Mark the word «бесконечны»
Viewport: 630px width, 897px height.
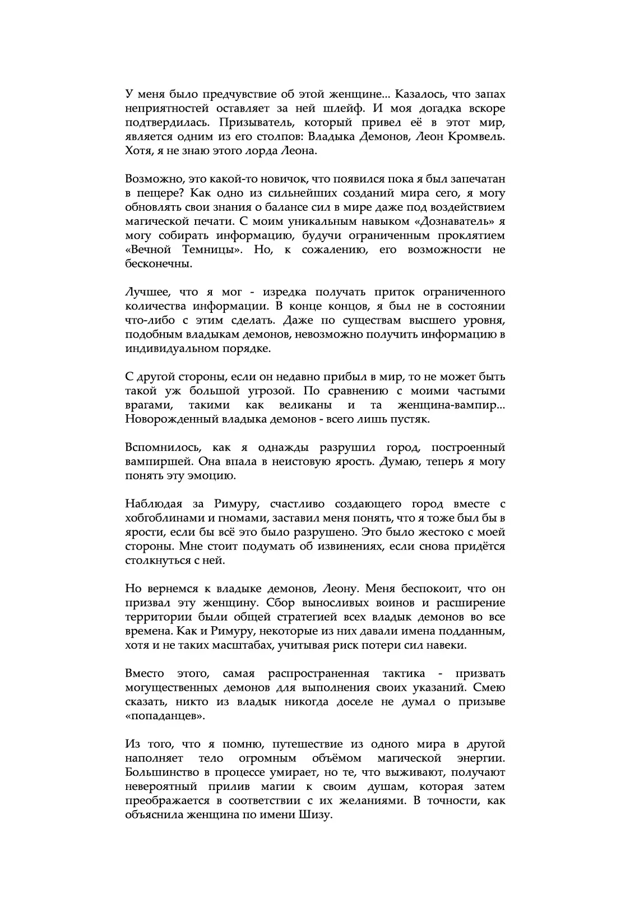click(x=159, y=263)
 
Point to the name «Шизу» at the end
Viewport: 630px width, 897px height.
click(x=317, y=815)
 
